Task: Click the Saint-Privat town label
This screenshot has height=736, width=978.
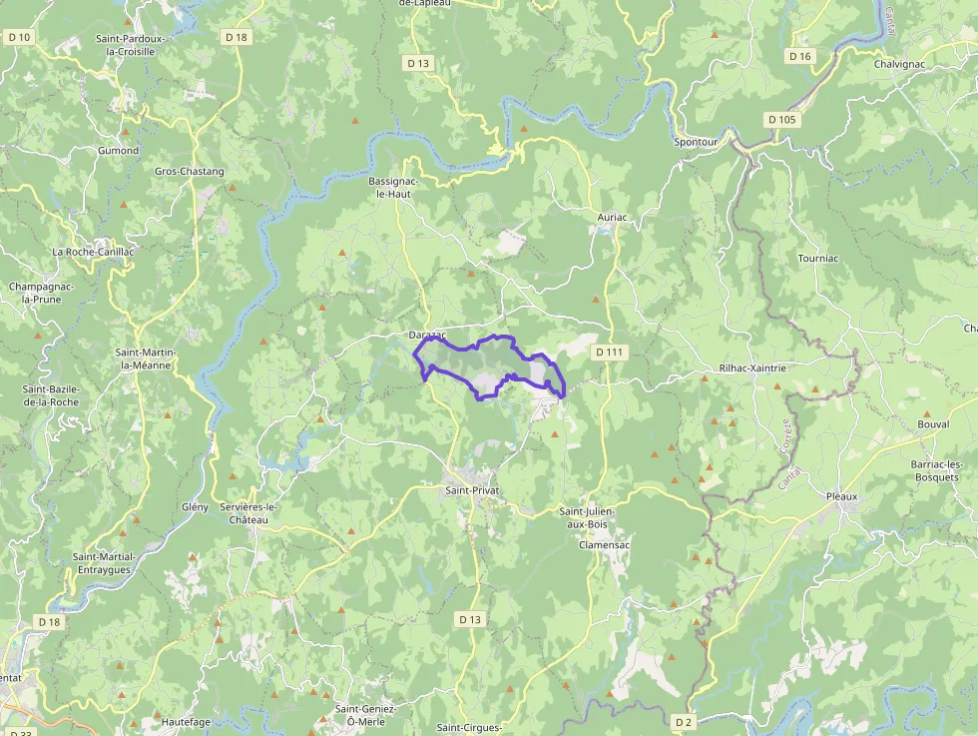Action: tap(472, 490)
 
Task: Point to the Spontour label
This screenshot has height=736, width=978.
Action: tap(696, 142)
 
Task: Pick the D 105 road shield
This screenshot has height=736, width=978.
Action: tap(782, 119)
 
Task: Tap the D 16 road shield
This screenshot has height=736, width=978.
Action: tap(800, 56)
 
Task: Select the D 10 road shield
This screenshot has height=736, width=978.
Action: tap(19, 37)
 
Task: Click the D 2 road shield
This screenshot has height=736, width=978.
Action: tap(684, 721)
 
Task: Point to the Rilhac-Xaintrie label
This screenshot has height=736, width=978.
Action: tap(752, 368)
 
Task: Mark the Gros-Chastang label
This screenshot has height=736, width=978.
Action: tap(190, 171)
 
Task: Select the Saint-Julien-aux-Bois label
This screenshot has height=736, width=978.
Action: tap(587, 517)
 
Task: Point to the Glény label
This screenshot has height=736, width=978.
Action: tap(195, 506)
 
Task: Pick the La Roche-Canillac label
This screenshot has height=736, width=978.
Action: tap(93, 252)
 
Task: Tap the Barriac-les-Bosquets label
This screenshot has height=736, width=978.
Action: tap(935, 470)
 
